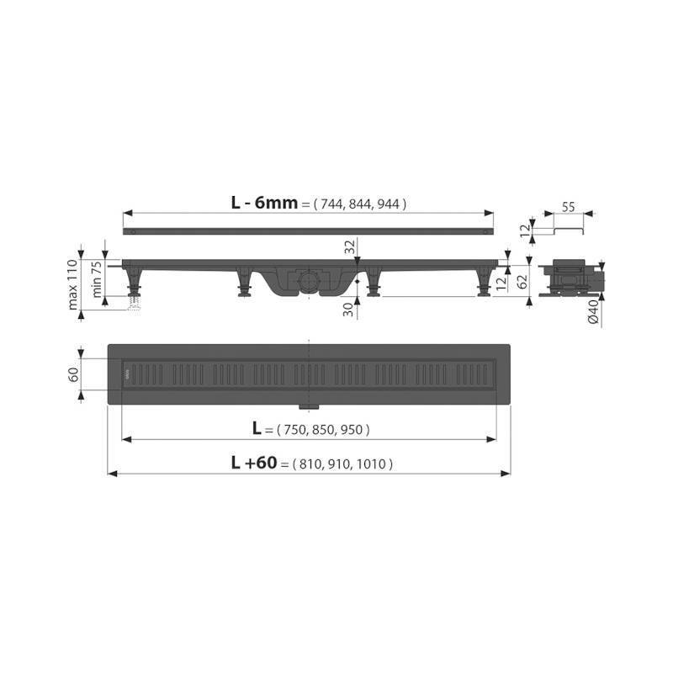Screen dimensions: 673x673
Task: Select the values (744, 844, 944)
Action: [x=359, y=204]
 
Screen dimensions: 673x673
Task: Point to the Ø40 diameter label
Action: [x=593, y=312]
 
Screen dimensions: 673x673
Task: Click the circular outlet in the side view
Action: [x=309, y=278]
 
